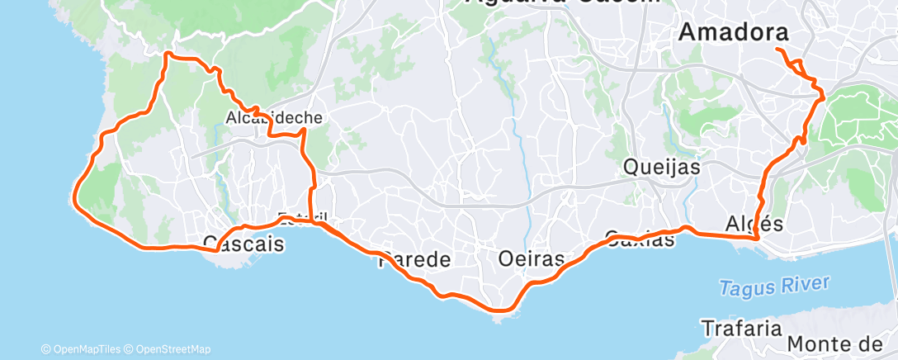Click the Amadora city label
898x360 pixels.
tap(732, 32)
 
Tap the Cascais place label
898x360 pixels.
tap(243, 244)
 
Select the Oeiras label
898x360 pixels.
tap(532, 259)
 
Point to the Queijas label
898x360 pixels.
tap(662, 167)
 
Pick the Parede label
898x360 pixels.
tap(414, 260)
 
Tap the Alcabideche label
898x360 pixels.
tap(273, 118)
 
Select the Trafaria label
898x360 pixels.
tap(741, 328)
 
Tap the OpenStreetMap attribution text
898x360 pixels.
tap(173, 349)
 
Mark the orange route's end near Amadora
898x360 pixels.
tap(777, 50)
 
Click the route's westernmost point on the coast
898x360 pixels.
tap(75, 197)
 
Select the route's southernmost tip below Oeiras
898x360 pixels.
tap(500, 310)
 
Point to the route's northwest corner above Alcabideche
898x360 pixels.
tap(168, 54)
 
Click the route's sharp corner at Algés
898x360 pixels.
tap(757, 239)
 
